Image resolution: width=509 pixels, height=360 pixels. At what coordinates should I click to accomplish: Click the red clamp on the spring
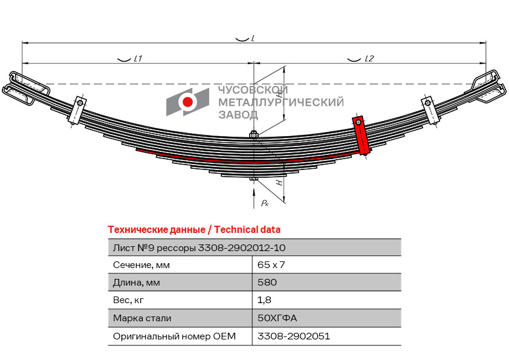(x=361, y=136)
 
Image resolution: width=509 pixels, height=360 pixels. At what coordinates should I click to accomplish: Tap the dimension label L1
(x=138, y=59)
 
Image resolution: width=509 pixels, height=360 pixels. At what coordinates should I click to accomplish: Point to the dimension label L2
(x=369, y=59)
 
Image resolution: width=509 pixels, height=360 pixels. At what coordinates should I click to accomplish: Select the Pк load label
(x=265, y=203)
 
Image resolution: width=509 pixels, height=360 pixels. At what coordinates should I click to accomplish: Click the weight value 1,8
(x=264, y=300)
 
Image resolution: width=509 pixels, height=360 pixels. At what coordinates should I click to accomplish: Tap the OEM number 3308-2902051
(x=294, y=336)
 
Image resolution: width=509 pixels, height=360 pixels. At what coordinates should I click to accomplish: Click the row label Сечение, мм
(x=141, y=265)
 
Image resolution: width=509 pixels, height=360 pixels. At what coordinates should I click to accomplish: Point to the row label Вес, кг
(x=129, y=300)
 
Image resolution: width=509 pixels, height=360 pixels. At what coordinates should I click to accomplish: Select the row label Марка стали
(x=142, y=318)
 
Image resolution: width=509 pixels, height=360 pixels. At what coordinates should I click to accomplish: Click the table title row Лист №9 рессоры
(x=199, y=247)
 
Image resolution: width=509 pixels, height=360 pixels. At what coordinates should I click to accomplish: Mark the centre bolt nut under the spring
(x=254, y=178)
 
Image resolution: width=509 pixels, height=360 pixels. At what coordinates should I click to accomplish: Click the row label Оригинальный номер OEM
(x=174, y=336)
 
